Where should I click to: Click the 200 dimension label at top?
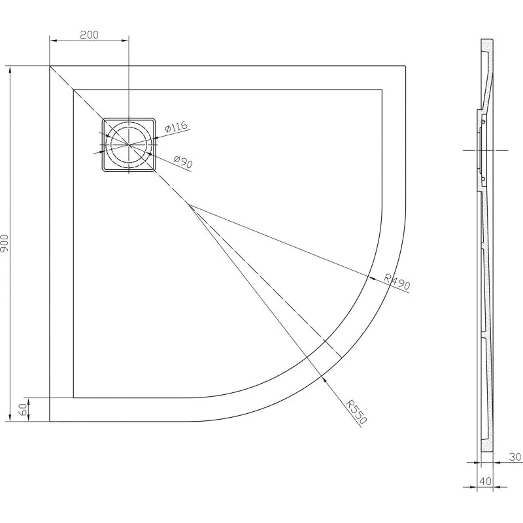pos(89,35)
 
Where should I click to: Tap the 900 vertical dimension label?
pos(5,243)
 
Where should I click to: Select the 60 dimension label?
pos(23,409)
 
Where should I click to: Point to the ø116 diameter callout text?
pos(177,127)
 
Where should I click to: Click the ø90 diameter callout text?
pos(184,161)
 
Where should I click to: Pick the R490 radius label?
pos(397,282)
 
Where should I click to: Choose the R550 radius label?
pos(356,412)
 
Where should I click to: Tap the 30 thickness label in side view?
pos(515,456)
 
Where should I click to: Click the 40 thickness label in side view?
pos(485,481)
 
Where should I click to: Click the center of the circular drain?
pos(129,144)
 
